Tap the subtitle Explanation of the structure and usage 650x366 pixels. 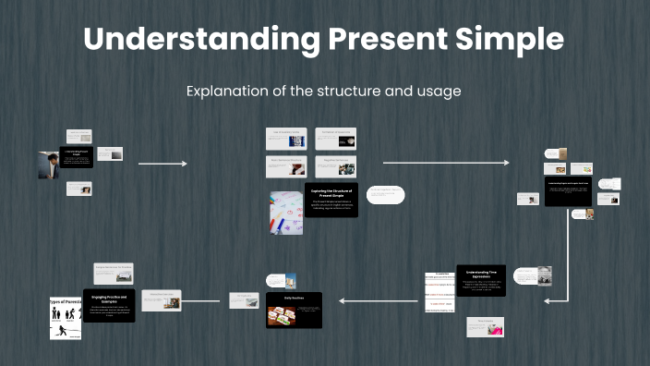point(323,91)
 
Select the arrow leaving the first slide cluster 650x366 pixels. point(162,164)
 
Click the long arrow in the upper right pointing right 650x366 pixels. point(445,163)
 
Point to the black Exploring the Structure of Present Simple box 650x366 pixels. point(330,197)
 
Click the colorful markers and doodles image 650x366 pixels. point(285,212)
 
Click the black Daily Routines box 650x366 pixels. point(294,311)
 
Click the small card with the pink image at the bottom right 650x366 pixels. point(485,327)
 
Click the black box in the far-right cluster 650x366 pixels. point(568,191)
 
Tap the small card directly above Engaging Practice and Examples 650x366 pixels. point(113,274)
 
